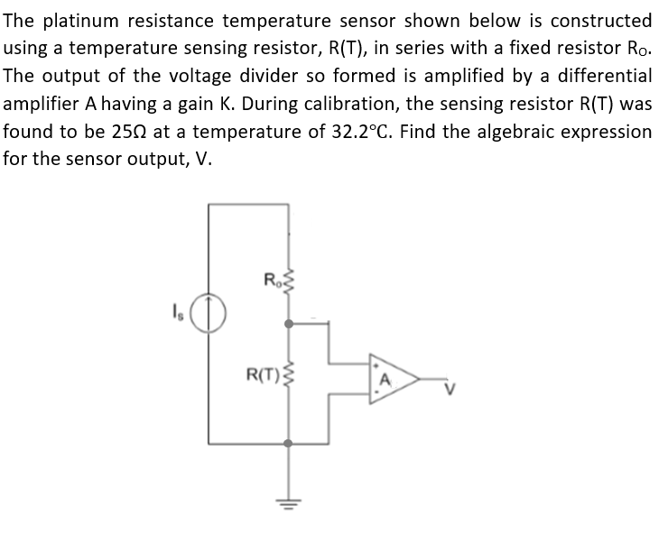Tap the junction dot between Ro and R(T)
pyautogui.click(x=289, y=321)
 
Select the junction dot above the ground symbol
pyautogui.click(x=289, y=443)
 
